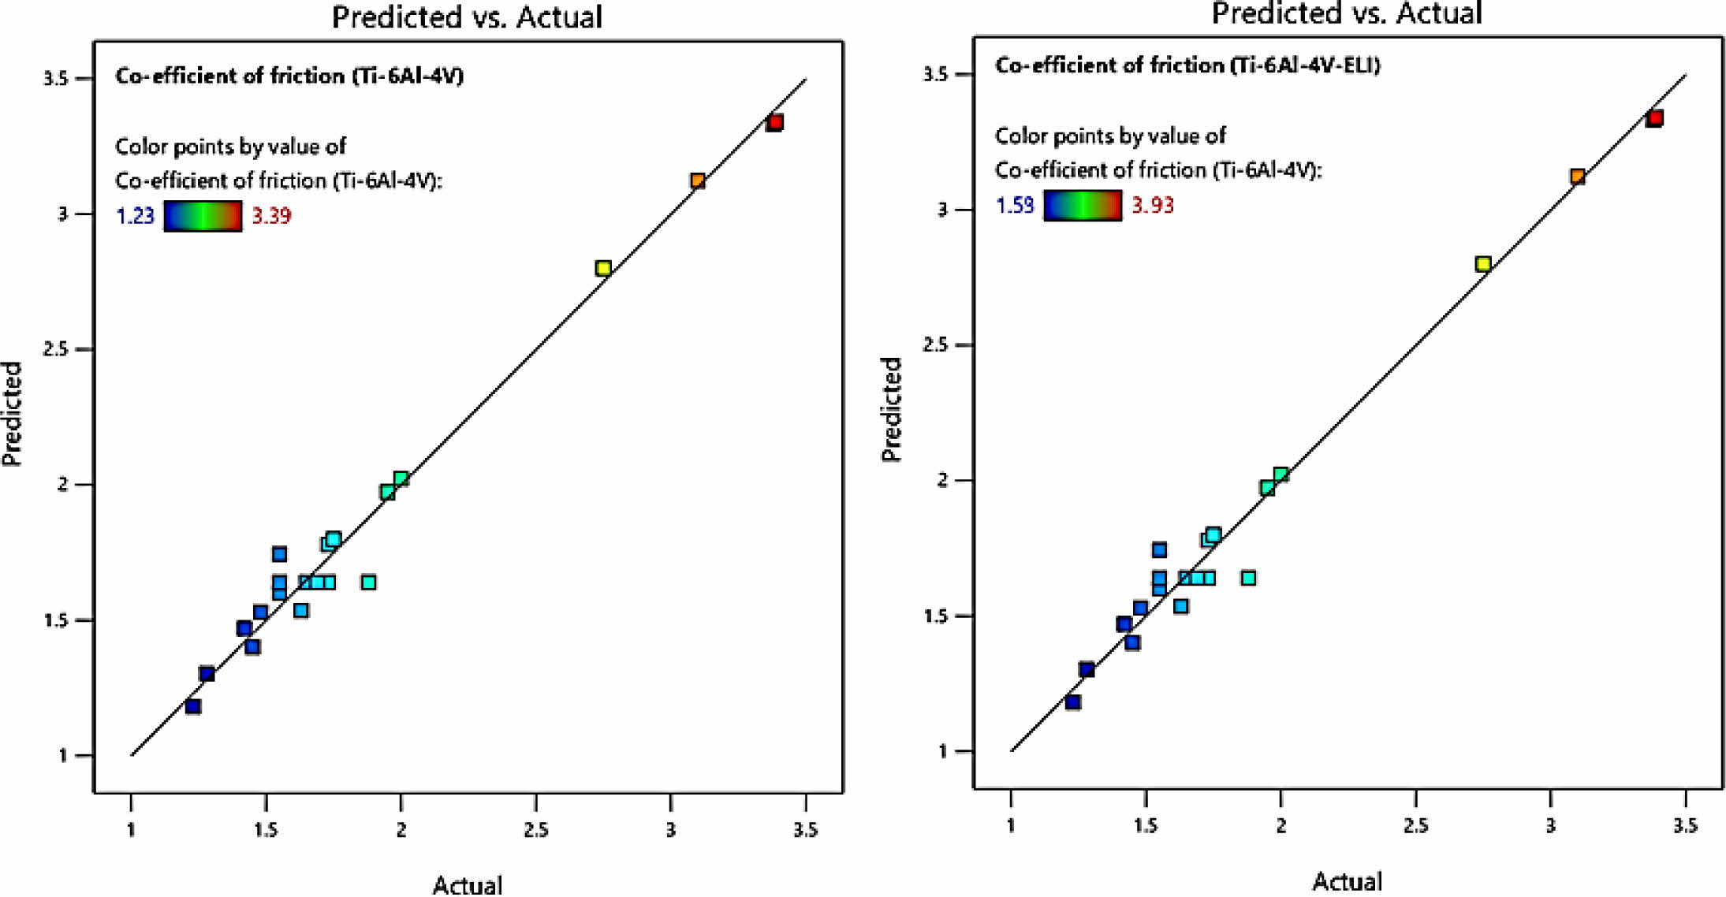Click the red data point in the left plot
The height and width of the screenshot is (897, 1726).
pos(774,122)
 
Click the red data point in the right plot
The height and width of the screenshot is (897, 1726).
pos(1654,118)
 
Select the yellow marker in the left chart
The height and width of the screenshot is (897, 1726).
pos(603,268)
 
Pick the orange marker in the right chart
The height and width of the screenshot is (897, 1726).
pos(1578,177)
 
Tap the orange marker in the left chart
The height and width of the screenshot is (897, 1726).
pos(698,181)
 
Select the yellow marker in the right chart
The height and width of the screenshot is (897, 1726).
pos(1483,264)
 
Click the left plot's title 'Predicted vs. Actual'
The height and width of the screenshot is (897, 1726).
pos(467,17)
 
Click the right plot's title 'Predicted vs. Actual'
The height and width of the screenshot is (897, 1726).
pos(1347,13)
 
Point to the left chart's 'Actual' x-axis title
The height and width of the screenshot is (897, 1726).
pos(467,884)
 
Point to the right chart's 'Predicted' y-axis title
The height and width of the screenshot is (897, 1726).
pos(891,410)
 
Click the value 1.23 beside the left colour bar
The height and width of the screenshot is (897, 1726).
pos(135,216)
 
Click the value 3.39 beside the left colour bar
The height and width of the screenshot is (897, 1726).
pos(272,216)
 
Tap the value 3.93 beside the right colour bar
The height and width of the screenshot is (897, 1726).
pos(1153,206)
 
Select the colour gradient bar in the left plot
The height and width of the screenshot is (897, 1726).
pos(203,216)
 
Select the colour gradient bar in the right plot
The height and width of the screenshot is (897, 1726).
pos(1083,206)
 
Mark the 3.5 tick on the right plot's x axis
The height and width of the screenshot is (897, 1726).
pos(1685,826)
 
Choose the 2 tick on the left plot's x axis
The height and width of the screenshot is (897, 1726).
pos(401,829)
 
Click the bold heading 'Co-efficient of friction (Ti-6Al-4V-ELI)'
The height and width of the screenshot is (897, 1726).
pos(1187,65)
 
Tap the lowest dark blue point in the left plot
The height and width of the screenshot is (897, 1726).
pos(192,706)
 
